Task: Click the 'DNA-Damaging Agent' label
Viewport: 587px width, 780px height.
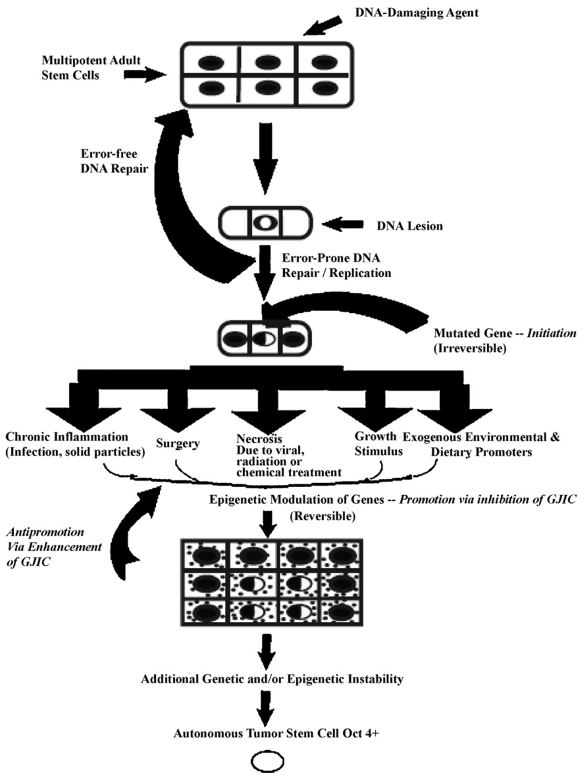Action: click(x=416, y=13)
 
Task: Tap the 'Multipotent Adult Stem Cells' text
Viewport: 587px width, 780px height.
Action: click(x=91, y=68)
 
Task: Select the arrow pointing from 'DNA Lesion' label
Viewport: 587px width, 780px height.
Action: click(x=344, y=225)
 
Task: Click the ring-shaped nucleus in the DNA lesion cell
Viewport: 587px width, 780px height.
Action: click(x=265, y=223)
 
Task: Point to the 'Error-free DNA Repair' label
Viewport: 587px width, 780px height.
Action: click(x=114, y=161)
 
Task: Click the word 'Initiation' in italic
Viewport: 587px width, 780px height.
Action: click(x=551, y=333)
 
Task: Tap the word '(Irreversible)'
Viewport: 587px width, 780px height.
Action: click(x=470, y=348)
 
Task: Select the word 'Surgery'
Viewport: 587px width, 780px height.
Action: click(x=178, y=443)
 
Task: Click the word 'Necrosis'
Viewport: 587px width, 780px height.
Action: click(x=259, y=439)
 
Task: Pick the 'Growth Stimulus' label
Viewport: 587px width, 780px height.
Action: click(x=378, y=444)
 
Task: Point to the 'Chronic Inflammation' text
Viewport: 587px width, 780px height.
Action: click(x=66, y=437)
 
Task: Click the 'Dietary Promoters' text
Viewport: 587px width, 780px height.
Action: click(x=481, y=452)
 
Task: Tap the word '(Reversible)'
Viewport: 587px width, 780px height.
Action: click(x=322, y=516)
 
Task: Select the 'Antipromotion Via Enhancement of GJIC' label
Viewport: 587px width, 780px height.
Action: click(x=54, y=547)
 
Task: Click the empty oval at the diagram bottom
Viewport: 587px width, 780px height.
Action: click(x=267, y=762)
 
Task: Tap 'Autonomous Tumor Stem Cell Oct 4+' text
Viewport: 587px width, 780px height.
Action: click(x=276, y=733)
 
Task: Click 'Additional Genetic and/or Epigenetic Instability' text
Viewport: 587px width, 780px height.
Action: click(x=272, y=679)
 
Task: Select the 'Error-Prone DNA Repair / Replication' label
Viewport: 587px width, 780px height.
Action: click(x=336, y=265)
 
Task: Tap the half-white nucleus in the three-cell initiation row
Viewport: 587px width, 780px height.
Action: click(x=264, y=339)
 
